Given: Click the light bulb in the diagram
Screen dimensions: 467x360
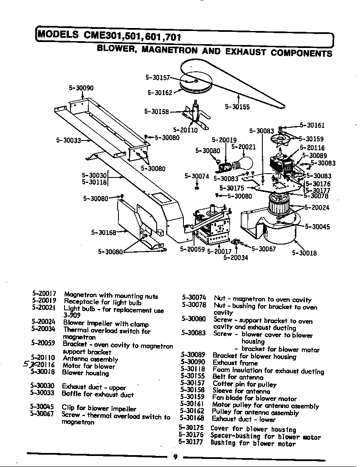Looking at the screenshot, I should click(x=244, y=163).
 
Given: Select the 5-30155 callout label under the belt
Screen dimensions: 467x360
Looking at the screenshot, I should click(x=237, y=107).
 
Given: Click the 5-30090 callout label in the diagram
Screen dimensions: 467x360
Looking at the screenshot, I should click(x=81, y=88).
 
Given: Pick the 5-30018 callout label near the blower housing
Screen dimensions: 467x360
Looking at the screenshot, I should click(x=304, y=253).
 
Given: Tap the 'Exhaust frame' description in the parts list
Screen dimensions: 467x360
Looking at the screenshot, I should click(x=235, y=363).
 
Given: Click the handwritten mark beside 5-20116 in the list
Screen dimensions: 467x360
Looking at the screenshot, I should click(x=28, y=365).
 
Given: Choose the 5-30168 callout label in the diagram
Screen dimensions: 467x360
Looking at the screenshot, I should click(x=104, y=232).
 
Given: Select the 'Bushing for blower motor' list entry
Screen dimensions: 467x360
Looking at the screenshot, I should click(x=253, y=444).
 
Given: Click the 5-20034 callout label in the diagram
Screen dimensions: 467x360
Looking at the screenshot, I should click(x=236, y=257).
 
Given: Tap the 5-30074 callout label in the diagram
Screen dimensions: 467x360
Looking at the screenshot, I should click(x=197, y=176).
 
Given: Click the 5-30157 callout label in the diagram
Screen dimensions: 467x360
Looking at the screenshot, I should click(x=157, y=78).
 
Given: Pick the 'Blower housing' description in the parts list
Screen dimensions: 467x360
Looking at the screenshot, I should click(x=85, y=373).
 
